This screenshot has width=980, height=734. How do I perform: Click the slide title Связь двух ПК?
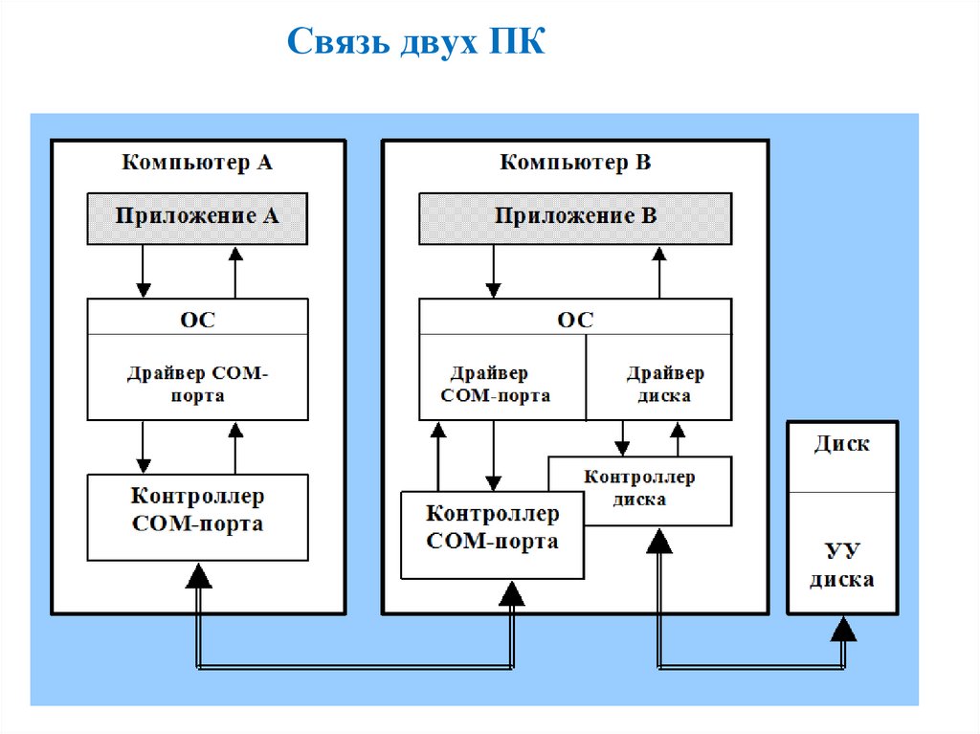416,42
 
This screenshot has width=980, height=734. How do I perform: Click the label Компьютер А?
196,162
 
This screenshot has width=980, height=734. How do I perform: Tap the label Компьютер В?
575,162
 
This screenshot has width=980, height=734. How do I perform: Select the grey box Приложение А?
197,216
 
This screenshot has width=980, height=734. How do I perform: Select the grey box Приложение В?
575,216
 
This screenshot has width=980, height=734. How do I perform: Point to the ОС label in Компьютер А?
197,319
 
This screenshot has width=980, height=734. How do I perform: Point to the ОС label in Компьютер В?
575,319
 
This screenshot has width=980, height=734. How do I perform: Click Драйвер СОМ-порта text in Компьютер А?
197,383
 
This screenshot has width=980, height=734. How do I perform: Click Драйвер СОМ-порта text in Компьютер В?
494,383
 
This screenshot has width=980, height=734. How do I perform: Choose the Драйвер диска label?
664,383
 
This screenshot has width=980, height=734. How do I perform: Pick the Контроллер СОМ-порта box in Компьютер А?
197,511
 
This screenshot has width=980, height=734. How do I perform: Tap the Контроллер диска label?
639,488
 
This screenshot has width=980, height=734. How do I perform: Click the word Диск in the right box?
842,444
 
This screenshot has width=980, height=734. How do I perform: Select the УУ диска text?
842,566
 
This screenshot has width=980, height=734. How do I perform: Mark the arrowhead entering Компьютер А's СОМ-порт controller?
199,574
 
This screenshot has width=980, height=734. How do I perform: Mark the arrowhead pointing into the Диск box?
843,628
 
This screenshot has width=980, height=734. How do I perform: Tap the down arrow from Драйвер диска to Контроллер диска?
621,438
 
